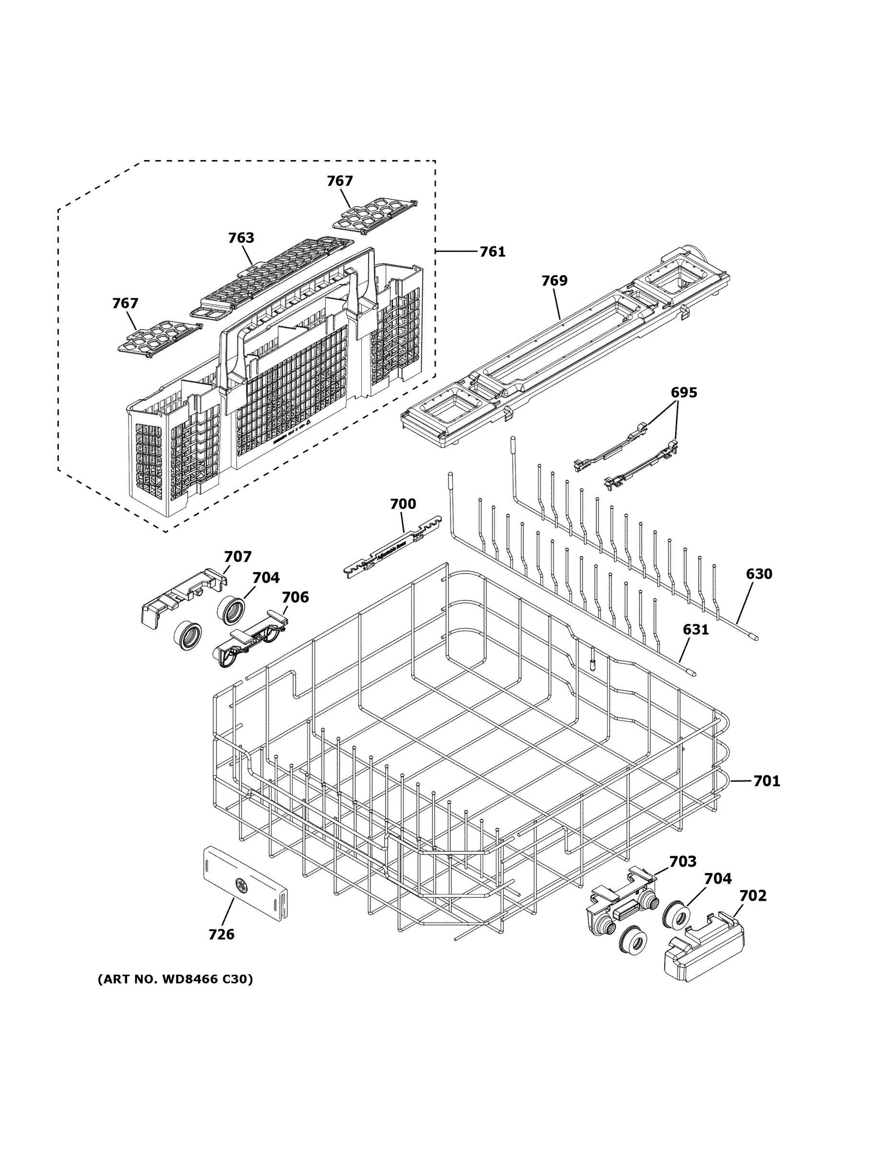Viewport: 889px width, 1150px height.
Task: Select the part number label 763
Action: coord(241,238)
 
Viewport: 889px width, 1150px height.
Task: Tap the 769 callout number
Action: coord(554,281)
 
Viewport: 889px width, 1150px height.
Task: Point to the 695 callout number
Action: coord(683,392)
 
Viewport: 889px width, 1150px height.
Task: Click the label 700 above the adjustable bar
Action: coord(403,504)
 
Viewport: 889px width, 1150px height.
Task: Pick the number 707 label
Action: coord(238,557)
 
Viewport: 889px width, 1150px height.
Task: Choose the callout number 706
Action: coord(295,597)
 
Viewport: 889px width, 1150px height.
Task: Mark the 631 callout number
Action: coord(695,629)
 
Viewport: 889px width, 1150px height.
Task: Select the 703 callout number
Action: coord(682,862)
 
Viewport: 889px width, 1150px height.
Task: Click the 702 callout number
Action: coord(752,896)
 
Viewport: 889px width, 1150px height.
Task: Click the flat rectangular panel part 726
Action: coord(245,885)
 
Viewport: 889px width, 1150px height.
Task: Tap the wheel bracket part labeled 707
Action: coord(182,598)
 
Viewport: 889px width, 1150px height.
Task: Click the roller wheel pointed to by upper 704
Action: coord(231,611)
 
